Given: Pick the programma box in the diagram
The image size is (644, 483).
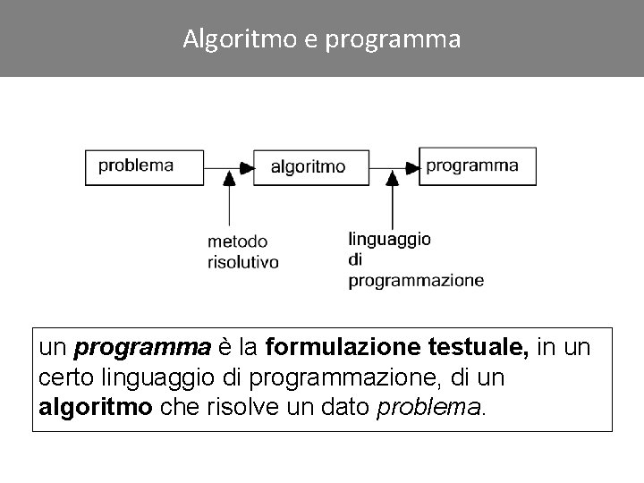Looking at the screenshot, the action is pyautogui.click(x=478, y=165).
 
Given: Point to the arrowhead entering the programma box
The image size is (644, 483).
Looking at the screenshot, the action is pyautogui.click(x=411, y=166).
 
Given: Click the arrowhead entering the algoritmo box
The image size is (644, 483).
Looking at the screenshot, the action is pyautogui.click(x=246, y=166).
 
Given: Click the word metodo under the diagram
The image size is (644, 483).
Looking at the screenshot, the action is pyautogui.click(x=237, y=241).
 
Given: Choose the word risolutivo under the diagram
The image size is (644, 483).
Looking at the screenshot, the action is pyautogui.click(x=242, y=262).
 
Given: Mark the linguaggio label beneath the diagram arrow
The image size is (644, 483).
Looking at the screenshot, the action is pyautogui.click(x=389, y=240).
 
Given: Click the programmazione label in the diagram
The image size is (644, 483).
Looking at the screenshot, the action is pyautogui.click(x=416, y=281).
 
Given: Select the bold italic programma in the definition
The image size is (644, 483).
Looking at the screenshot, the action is pyautogui.click(x=143, y=347).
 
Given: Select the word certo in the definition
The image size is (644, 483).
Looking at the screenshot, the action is pyautogui.click(x=64, y=377).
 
